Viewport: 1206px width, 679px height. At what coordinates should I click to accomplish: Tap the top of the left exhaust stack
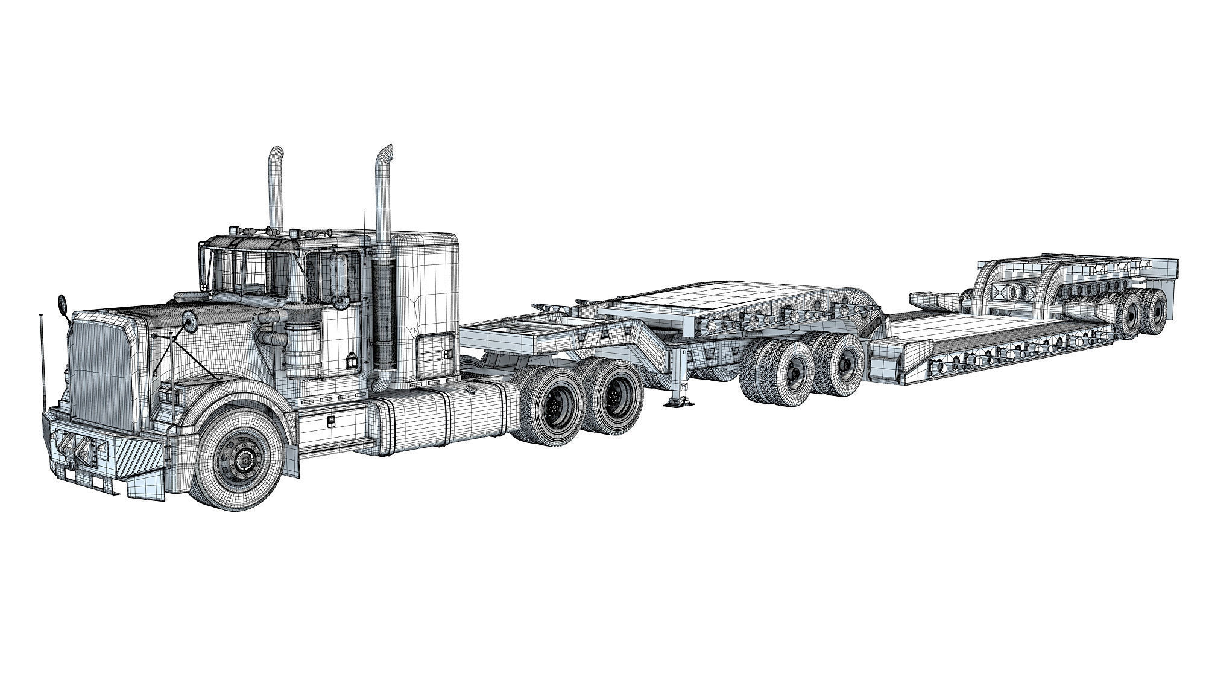[277, 150]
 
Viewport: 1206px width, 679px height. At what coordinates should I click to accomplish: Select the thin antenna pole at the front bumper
[42, 362]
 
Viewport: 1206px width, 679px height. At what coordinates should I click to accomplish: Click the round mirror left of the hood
[63, 304]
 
